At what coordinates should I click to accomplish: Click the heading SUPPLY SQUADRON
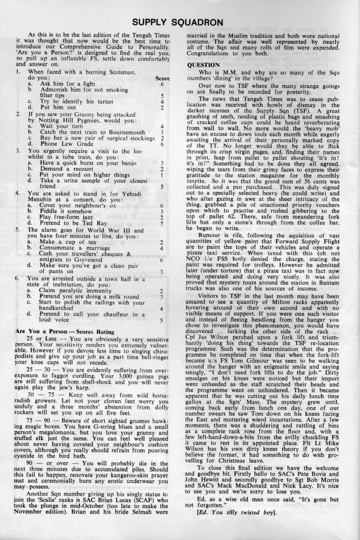[179, 22]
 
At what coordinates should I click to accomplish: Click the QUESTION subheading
[205, 64]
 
